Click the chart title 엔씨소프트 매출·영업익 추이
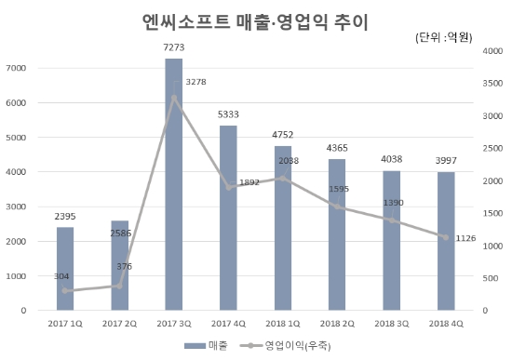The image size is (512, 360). coord(255,20)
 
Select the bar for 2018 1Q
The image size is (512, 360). coord(283,227)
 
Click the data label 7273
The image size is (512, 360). coord(174,47)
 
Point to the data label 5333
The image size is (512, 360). coord(228,113)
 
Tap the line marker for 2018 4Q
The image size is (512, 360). coord(446,237)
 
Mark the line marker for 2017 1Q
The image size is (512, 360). coord(64,290)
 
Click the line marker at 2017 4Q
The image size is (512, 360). coord(228,187)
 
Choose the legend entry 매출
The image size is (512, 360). coord(207,345)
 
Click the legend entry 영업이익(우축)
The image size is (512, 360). coord(285,345)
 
